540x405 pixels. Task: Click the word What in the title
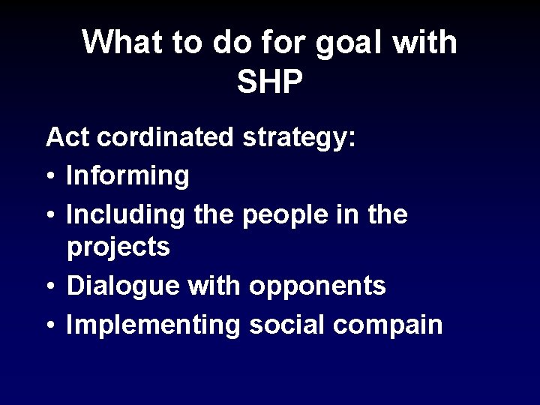124,43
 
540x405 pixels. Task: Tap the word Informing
127,177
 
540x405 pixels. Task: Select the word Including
127,214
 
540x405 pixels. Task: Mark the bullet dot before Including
50,214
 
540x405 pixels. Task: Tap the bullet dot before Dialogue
50,286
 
